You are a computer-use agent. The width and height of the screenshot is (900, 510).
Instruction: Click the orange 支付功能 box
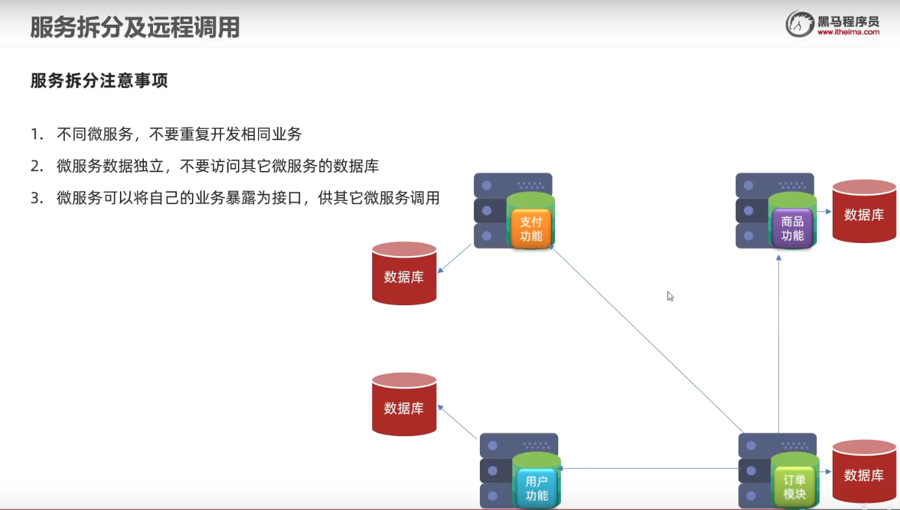(x=530, y=228)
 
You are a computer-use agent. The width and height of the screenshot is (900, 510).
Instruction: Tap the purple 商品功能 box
(x=792, y=228)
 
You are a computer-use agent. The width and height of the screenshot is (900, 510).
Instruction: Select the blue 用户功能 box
(x=536, y=488)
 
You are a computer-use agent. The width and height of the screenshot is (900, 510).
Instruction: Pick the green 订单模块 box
(x=794, y=487)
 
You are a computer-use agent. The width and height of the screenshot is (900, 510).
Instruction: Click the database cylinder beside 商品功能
(x=864, y=212)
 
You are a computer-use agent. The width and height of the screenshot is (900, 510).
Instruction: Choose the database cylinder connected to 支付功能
(x=404, y=273)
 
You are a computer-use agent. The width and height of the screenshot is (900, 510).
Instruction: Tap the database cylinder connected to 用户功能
(x=404, y=404)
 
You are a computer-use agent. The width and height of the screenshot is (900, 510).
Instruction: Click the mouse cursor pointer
(x=670, y=296)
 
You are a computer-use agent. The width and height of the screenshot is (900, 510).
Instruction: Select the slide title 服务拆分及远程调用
(x=135, y=27)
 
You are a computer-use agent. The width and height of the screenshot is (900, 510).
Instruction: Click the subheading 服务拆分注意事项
(x=99, y=81)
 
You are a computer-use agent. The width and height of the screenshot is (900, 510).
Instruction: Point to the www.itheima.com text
(x=848, y=31)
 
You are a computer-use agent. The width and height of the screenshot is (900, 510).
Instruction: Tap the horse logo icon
(x=800, y=24)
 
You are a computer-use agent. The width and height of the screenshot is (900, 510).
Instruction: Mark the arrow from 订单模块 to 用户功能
(x=648, y=468)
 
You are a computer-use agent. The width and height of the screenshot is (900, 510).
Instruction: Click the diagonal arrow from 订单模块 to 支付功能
(x=648, y=340)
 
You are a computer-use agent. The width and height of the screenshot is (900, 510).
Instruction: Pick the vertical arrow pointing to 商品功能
(x=779, y=343)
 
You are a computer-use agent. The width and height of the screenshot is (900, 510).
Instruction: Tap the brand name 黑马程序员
(x=848, y=20)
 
